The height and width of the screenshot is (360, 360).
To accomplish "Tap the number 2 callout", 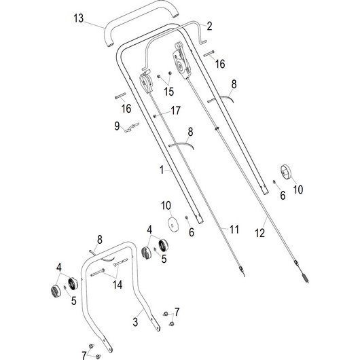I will pos(209,26).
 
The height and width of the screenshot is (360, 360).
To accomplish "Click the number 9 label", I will pos(117,125).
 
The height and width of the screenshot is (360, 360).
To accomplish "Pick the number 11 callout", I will pos(234,230).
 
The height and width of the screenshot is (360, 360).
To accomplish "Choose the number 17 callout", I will pos(175,110).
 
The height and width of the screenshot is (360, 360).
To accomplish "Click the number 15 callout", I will pos(168,90).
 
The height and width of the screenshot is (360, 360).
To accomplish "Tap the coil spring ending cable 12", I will pos(304,277).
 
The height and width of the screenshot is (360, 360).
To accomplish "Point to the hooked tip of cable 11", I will pos(241,271).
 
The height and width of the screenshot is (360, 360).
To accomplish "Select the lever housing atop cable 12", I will pos(182,60).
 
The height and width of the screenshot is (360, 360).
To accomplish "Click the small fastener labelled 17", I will pos(156,116).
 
